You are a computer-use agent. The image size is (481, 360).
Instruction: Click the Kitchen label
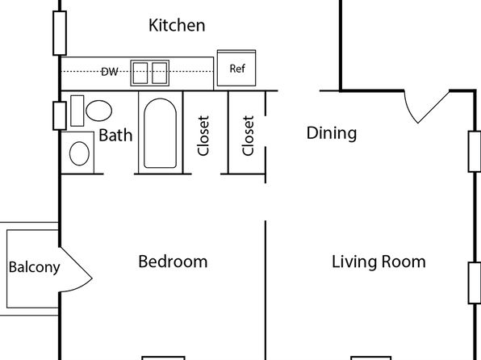[x=177, y=25]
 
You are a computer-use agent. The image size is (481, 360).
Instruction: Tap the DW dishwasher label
[x=110, y=72]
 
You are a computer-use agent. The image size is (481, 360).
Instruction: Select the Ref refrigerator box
[x=236, y=68]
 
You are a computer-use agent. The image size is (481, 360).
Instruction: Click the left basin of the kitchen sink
[x=140, y=73]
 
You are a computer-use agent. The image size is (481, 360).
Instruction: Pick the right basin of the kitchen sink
[x=160, y=73]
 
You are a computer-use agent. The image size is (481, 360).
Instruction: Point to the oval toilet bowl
[x=98, y=111]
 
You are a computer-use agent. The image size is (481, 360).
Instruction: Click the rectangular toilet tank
[x=77, y=111]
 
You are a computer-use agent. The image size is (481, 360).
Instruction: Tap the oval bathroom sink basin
[x=79, y=153]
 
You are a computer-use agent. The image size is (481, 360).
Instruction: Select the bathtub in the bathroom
[x=160, y=133]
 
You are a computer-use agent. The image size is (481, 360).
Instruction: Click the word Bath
[x=115, y=136]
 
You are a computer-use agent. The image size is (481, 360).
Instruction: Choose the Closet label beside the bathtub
[x=203, y=136]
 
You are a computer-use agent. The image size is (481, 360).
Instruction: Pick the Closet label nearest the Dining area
[x=248, y=136]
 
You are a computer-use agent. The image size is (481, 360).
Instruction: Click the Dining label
[x=332, y=133]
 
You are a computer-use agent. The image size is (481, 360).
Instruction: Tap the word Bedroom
[x=173, y=262]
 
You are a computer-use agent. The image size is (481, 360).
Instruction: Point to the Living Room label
[x=379, y=262]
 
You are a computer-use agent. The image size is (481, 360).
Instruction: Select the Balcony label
[x=34, y=267]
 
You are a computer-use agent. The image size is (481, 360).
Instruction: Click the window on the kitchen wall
[x=60, y=33]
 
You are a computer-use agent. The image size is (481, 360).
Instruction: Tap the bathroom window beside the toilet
[x=60, y=115]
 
